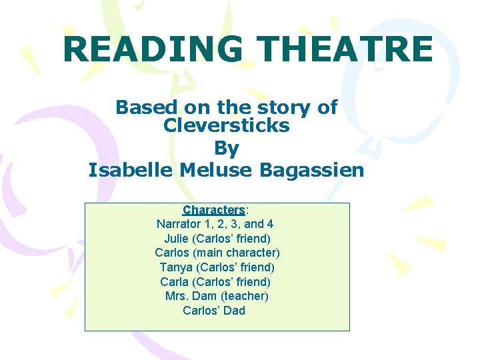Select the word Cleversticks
click(226, 125)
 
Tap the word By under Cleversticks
click(226, 147)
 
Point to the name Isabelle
click(131, 170)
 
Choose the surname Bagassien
click(312, 170)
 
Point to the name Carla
click(174, 282)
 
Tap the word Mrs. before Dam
click(178, 296)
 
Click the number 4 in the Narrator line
click(269, 224)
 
